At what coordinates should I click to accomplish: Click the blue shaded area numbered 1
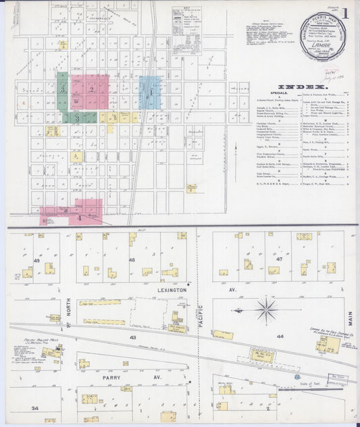(149, 91)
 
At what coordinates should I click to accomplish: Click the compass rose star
(268, 311)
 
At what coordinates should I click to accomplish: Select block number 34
(34, 408)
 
